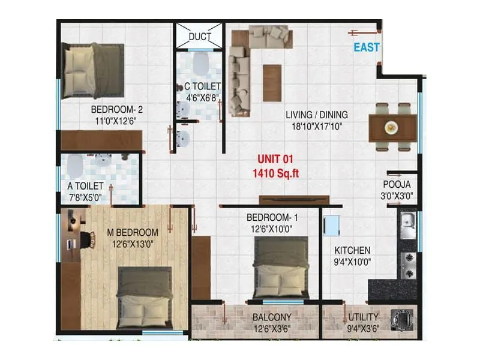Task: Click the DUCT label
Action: tap(200, 37)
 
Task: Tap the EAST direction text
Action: tap(366, 47)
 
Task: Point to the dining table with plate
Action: tap(392, 128)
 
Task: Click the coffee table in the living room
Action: tap(272, 82)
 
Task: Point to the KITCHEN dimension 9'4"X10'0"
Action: tap(353, 261)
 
